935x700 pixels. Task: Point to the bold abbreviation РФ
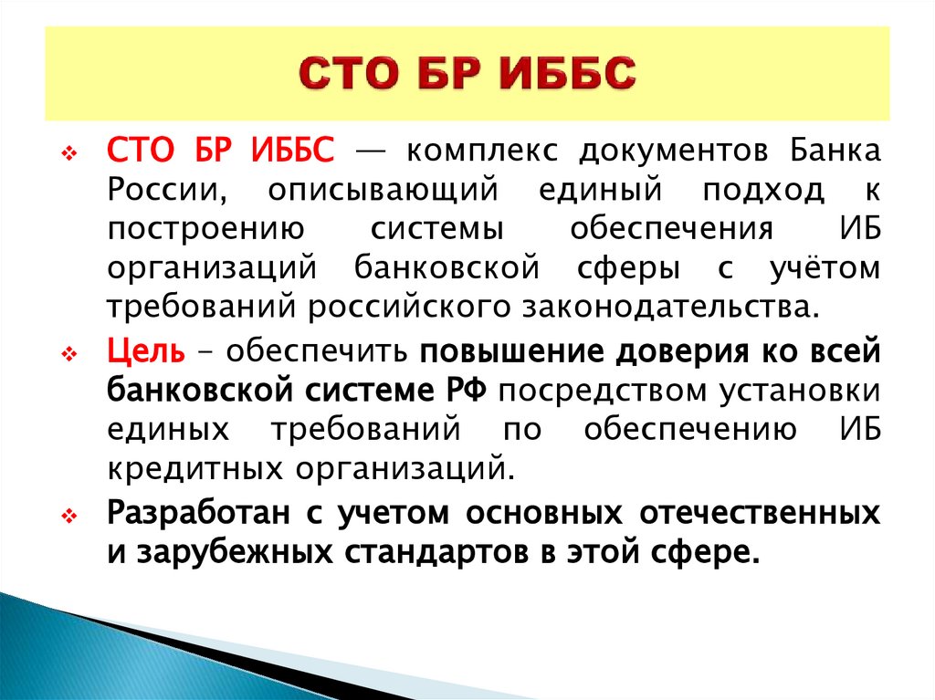coord(471,391)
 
